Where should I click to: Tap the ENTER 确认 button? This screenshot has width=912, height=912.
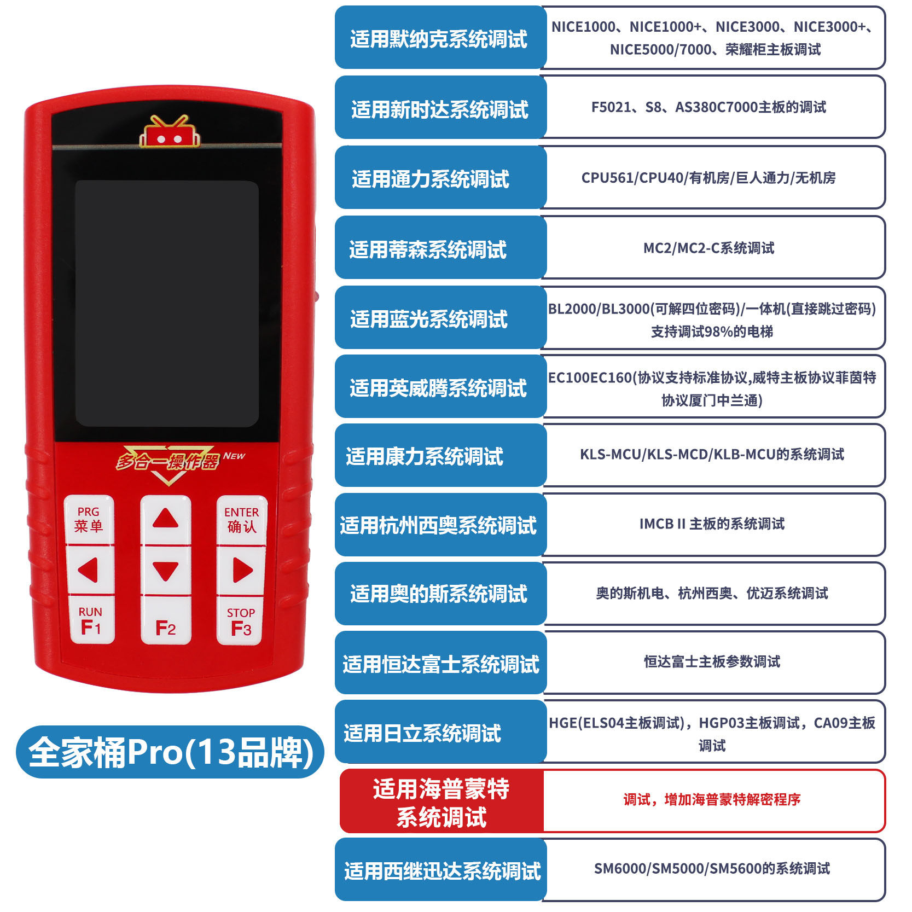(x=241, y=520)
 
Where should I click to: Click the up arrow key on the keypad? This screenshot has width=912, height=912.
(x=165, y=519)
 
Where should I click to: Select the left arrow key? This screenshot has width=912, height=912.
(x=89, y=570)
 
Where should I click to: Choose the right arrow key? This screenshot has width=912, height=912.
(x=241, y=570)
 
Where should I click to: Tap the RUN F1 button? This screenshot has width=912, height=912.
(x=91, y=621)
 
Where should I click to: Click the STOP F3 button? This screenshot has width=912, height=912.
(x=241, y=621)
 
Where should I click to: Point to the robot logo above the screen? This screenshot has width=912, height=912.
(x=169, y=132)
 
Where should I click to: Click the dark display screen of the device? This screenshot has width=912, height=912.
(x=167, y=304)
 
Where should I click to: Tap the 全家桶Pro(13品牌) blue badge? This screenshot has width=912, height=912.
(x=170, y=752)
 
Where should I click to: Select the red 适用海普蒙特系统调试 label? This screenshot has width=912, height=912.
(x=441, y=802)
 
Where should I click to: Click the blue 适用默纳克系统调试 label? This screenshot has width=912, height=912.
(x=439, y=38)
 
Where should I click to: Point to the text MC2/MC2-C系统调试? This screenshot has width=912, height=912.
(x=708, y=248)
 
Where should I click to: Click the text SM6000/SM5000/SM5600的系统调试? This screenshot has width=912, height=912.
(x=712, y=869)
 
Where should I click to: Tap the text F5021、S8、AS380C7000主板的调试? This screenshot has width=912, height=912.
(x=708, y=107)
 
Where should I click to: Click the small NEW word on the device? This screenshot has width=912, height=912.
(x=234, y=456)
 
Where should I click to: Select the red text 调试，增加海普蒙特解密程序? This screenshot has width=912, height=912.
(x=712, y=800)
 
